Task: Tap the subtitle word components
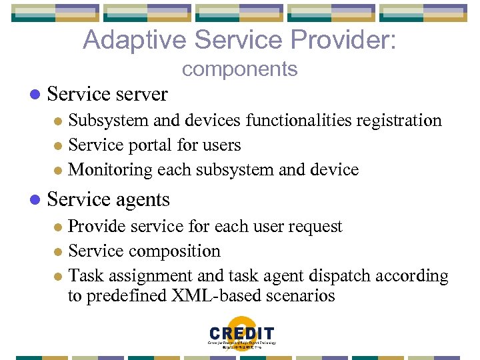tap(239, 69)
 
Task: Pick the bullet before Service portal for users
tap(57, 146)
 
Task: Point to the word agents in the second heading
tap(141, 200)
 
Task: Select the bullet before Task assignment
tap(57, 277)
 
